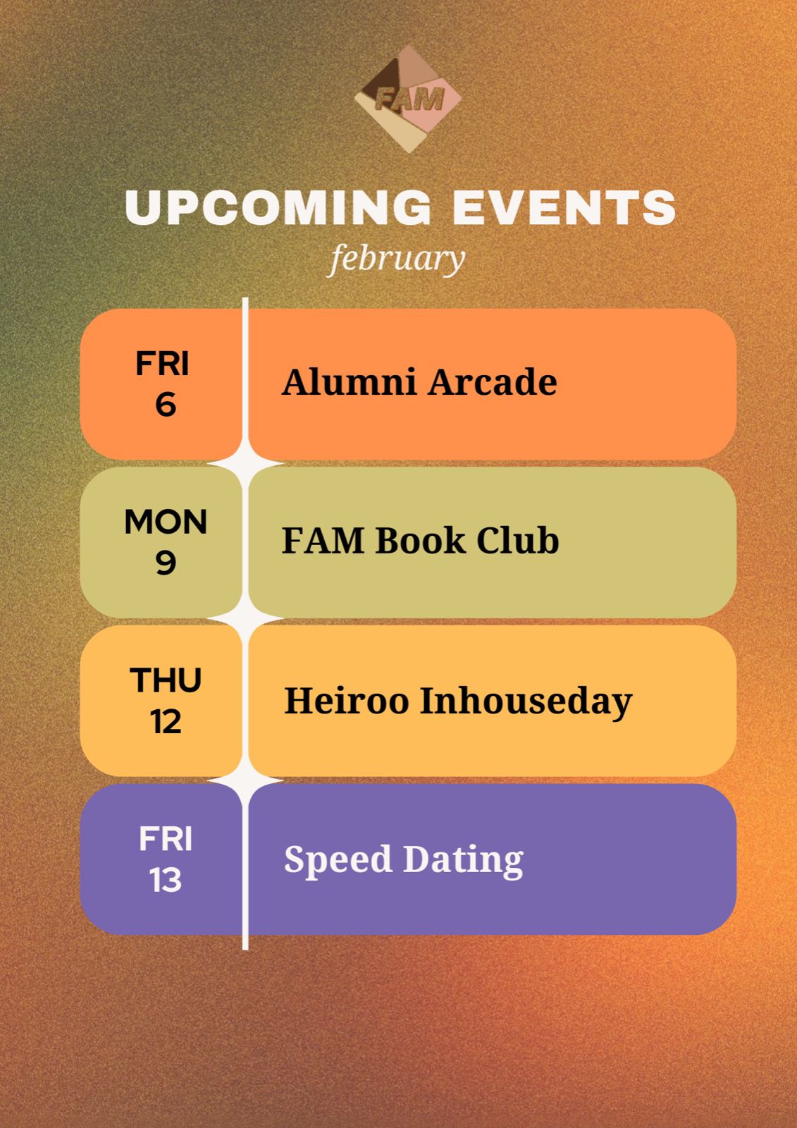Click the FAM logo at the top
pos(408,99)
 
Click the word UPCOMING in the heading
pos(278,207)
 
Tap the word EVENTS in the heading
pos(564,207)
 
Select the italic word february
pos(397,259)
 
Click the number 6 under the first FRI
pos(166,405)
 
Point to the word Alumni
pos(349,381)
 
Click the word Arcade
pos(493,381)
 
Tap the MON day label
pos(166,521)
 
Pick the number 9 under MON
pos(166,563)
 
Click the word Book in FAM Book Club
pos(421,540)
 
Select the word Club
pos(517,540)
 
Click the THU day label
pos(166,680)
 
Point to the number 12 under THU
pos(166,722)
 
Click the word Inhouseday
pos(526,701)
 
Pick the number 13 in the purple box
pos(166,881)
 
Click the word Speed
pos(338,860)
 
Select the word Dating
pos(464,860)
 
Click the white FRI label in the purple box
pos(166,839)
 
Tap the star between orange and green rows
pos(245,462)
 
